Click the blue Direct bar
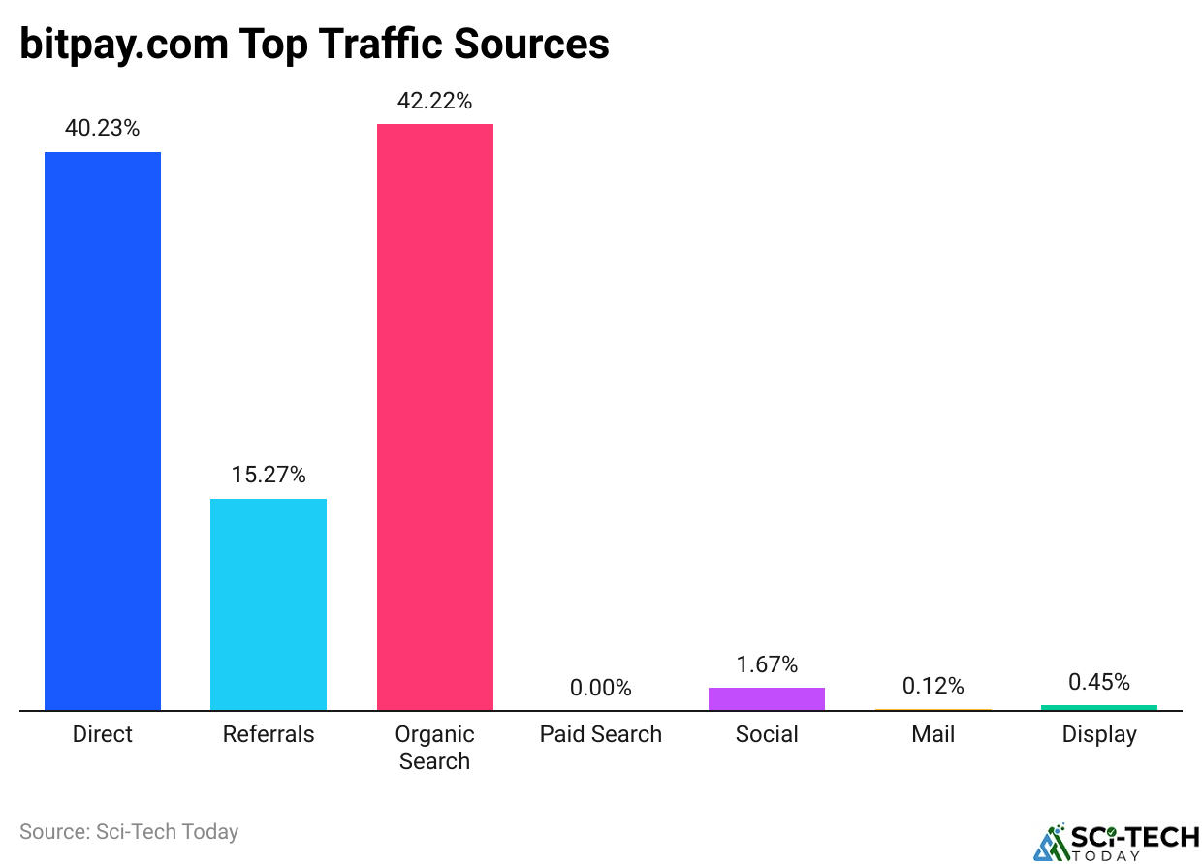[103, 431]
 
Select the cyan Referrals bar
[269, 604]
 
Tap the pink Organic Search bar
[434, 417]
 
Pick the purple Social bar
[766, 698]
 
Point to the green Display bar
[1098, 707]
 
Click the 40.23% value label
[103, 128]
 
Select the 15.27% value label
[269, 475]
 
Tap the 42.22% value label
[434, 101]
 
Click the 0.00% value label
[600, 688]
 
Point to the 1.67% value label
[766, 664]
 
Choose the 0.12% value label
[933, 686]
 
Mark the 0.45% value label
[1098, 682]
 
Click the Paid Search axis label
[600, 734]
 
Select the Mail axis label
[933, 734]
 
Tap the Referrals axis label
[269, 734]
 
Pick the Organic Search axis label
[434, 748]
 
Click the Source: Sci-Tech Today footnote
[129, 831]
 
